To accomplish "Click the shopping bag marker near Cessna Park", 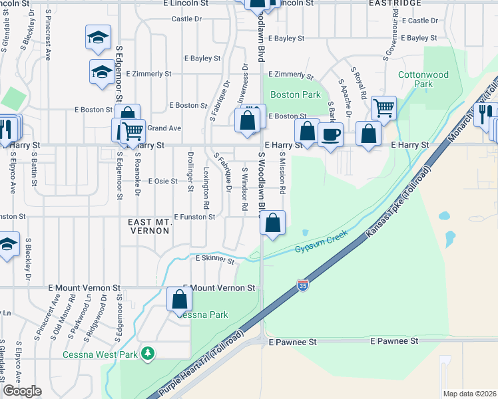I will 179,299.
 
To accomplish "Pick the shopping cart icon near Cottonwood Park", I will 384,107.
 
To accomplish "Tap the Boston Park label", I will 296,95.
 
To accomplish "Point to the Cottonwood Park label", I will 423,80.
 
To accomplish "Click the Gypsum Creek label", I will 322,246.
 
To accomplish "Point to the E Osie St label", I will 163,181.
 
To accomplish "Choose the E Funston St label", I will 194,217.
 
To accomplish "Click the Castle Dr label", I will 186,19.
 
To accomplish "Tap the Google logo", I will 22,391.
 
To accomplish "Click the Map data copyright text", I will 469,394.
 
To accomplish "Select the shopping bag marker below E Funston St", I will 273,223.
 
